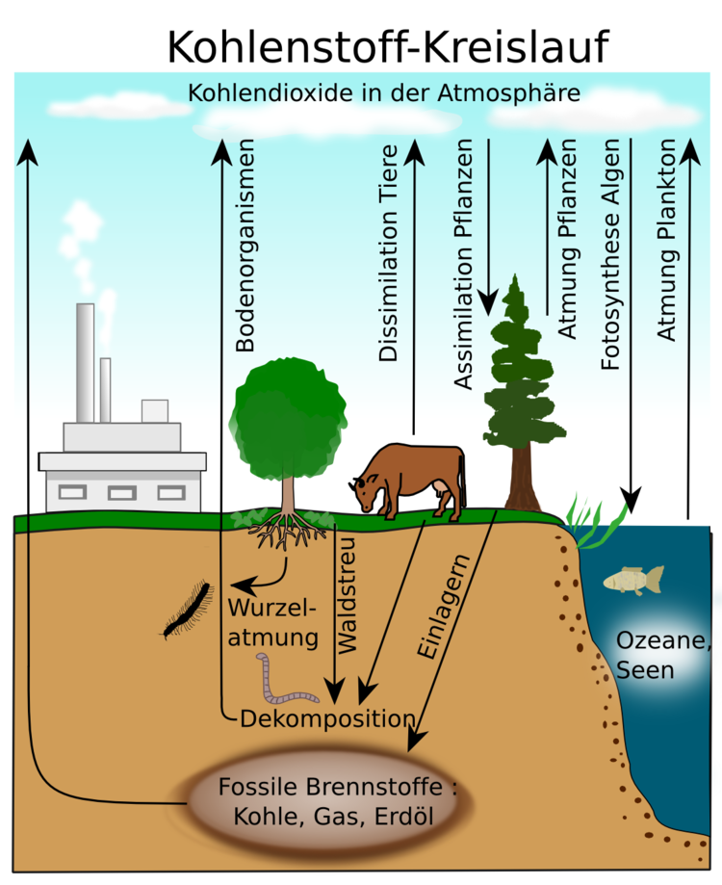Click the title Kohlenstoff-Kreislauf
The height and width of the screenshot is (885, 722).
(x=388, y=47)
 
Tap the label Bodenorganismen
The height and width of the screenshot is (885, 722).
(x=245, y=246)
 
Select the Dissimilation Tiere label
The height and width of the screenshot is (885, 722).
(x=388, y=253)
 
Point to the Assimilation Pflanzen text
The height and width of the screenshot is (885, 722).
(x=463, y=264)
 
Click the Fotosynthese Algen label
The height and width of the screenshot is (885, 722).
(x=610, y=254)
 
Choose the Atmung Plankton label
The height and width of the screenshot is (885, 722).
(x=666, y=240)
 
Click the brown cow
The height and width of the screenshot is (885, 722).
(x=408, y=480)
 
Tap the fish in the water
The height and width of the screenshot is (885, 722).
(x=633, y=580)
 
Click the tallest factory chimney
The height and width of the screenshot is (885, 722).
(x=85, y=362)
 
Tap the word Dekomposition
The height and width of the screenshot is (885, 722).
(x=327, y=719)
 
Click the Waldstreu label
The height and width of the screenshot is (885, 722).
(x=347, y=595)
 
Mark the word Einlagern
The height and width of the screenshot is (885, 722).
(x=443, y=606)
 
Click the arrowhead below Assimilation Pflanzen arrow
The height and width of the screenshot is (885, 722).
(x=488, y=302)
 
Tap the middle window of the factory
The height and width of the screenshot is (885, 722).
(x=122, y=493)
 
